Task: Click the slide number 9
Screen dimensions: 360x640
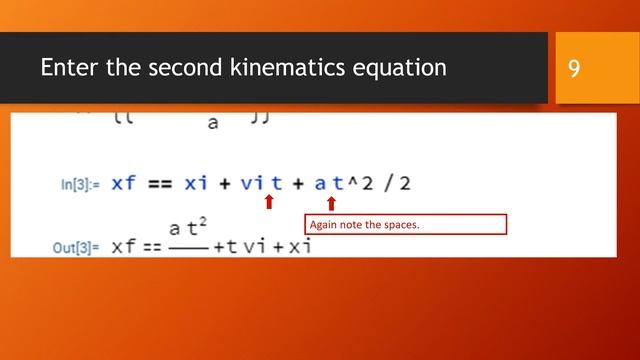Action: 574,68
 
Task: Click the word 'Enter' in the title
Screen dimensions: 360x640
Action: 68,68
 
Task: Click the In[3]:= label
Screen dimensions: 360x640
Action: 84,184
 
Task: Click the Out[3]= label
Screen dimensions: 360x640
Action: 76,247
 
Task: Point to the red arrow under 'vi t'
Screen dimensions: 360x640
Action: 268,203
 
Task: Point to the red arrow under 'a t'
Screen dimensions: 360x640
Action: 331,203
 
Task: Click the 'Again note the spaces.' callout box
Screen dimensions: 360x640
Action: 405,224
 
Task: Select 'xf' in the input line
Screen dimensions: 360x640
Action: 124,183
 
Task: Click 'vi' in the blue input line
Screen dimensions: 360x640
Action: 253,183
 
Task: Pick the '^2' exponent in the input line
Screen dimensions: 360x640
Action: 360,183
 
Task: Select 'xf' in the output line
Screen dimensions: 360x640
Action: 124,246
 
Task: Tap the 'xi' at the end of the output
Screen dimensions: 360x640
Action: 297,246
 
